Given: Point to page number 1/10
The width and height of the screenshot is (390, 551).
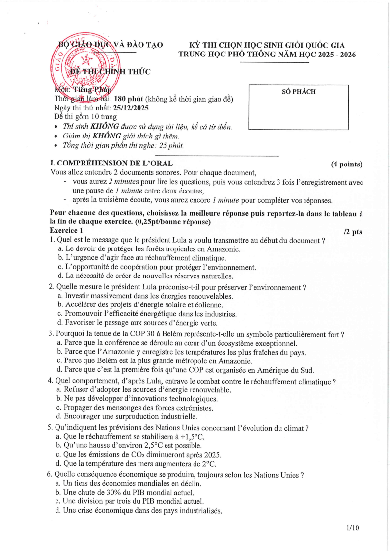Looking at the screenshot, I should click(x=353, y=528).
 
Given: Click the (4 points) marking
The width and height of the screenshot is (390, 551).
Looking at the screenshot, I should click(x=346, y=164).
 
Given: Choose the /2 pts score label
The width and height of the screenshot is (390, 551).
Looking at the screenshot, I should click(x=353, y=231).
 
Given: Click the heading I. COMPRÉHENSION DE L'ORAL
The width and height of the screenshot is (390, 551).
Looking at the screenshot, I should click(x=111, y=164).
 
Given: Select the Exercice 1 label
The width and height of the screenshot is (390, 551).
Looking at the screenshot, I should click(x=67, y=230).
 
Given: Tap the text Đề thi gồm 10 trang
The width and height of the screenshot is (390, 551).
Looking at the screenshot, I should click(x=85, y=116).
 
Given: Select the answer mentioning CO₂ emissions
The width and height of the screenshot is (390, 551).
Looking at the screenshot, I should click(x=139, y=455).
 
